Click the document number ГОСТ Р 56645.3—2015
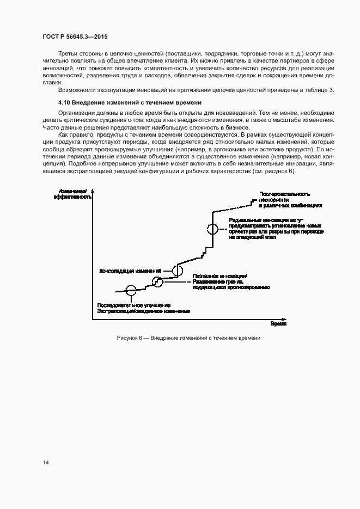[75, 36]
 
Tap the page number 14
[46, 463]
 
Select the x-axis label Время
[278, 323]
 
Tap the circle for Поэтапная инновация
[157, 281]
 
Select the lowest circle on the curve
[131, 290]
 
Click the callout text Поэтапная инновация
[221, 275]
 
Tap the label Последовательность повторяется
[285, 194]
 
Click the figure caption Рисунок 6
[188, 338]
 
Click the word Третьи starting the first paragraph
[68, 54]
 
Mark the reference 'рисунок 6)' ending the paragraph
[281, 171]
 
